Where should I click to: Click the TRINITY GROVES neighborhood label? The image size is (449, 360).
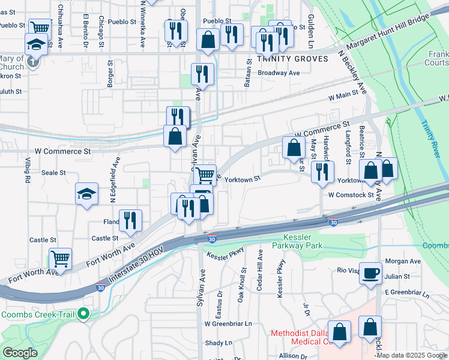(x=292, y=59)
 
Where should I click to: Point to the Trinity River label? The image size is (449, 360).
(x=430, y=134)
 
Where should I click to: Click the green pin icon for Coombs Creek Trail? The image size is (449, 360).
(x=84, y=314)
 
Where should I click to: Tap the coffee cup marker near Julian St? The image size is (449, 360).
(x=370, y=273)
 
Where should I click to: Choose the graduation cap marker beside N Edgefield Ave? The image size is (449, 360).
(x=86, y=194)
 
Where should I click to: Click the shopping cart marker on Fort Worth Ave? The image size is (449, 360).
(x=60, y=259)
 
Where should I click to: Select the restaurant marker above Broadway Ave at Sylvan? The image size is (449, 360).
(x=202, y=74)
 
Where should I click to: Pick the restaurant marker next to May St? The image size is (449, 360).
(x=322, y=172)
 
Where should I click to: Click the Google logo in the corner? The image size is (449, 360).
(x=20, y=353)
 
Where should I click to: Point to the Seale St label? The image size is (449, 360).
(x=53, y=172)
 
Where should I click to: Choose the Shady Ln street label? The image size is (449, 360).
(x=218, y=343)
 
